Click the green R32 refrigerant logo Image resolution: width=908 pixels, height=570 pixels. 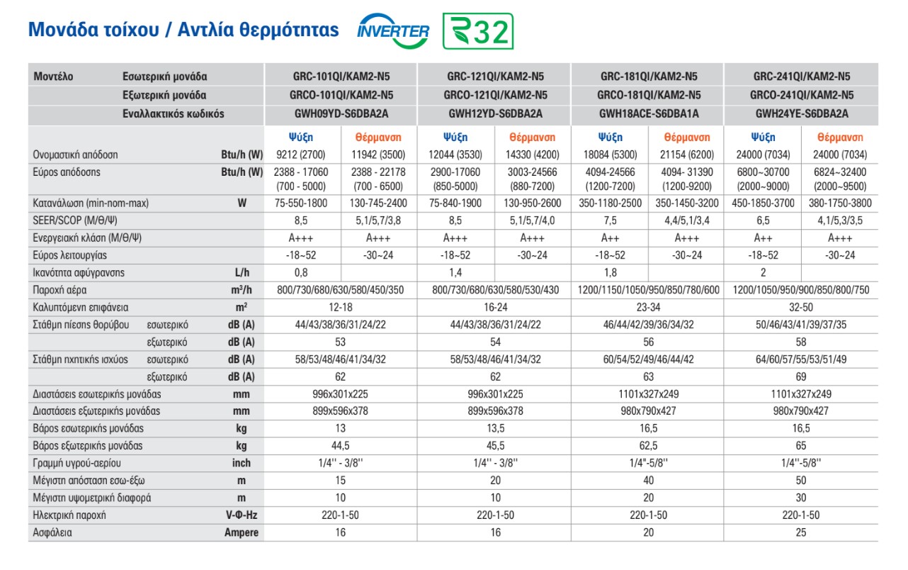[478, 32]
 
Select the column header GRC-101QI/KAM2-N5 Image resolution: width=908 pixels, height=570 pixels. [341, 77]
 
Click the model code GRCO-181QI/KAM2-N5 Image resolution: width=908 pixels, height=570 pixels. [648, 95]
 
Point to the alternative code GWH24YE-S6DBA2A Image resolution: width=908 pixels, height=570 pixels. [802, 113]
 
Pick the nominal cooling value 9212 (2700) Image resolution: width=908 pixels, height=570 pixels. [302, 155]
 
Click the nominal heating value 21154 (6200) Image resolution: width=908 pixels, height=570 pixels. [687, 155]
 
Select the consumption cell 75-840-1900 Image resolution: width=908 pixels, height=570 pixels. [456, 203]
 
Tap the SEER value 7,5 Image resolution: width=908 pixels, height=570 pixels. [610, 220]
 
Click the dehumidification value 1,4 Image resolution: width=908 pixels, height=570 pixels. [456, 273]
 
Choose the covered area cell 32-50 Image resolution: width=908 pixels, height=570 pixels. [801, 308]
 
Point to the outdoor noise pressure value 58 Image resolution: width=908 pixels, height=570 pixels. [801, 342]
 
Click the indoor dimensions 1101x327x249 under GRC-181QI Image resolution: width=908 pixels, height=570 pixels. [648, 394]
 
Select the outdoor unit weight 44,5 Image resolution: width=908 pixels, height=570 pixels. [341, 446]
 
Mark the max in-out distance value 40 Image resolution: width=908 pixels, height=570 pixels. [648, 481]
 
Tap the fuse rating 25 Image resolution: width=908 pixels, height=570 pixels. [801, 532]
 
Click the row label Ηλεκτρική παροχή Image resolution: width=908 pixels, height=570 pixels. [69, 515]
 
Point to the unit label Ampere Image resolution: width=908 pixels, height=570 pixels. [242, 532]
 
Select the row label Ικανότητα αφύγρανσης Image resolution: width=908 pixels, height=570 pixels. [79, 273]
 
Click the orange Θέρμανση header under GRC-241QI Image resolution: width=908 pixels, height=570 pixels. [840, 138]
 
